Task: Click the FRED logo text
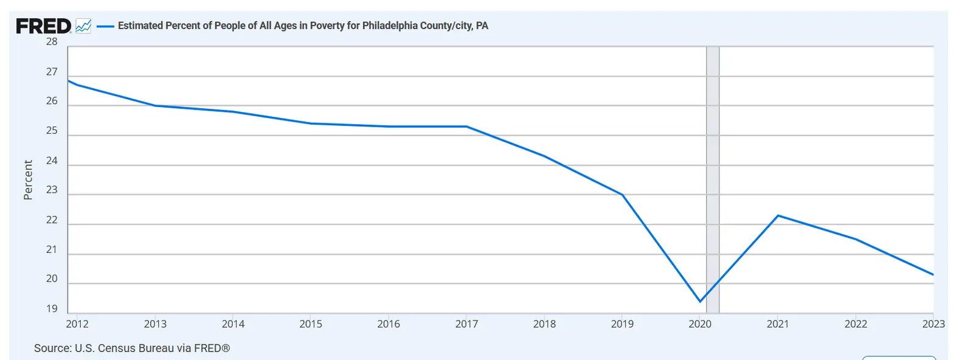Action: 43,26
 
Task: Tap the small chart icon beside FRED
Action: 83,26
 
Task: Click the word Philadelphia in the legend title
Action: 389,26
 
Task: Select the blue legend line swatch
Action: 105,26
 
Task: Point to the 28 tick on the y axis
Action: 52,42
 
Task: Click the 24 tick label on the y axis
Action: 52,161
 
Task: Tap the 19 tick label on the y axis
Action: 52,309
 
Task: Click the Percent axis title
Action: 28,180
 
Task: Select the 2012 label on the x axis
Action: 77,324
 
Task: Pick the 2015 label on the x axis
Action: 311,324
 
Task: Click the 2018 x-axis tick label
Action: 544,324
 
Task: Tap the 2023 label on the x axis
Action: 933,324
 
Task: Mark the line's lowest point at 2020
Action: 700,301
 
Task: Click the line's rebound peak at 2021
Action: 778,215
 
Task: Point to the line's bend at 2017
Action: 466,126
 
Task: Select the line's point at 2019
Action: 622,195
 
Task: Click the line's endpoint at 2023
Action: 933,274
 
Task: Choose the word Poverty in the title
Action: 327,26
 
